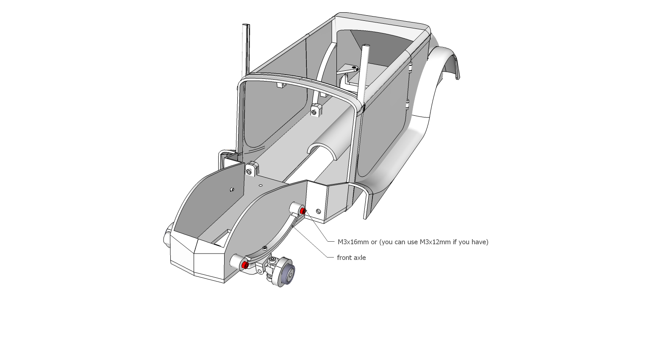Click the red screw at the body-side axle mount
pyautogui.click(x=303, y=211)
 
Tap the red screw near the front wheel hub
pyautogui.click(x=244, y=265)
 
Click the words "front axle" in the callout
pyautogui.click(x=351, y=257)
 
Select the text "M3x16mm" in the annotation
pyautogui.click(x=353, y=242)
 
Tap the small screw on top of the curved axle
pyautogui.click(x=265, y=248)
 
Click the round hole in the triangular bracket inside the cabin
pyautogui.click(x=354, y=67)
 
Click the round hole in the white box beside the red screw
pyautogui.click(x=318, y=211)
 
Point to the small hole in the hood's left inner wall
pyautogui.click(x=232, y=189)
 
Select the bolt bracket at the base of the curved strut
pyautogui.click(x=316, y=110)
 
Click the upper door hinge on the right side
pyautogui.click(x=411, y=67)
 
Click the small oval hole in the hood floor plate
pyautogui.click(x=260, y=185)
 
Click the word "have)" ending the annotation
pyautogui.click(x=480, y=242)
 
